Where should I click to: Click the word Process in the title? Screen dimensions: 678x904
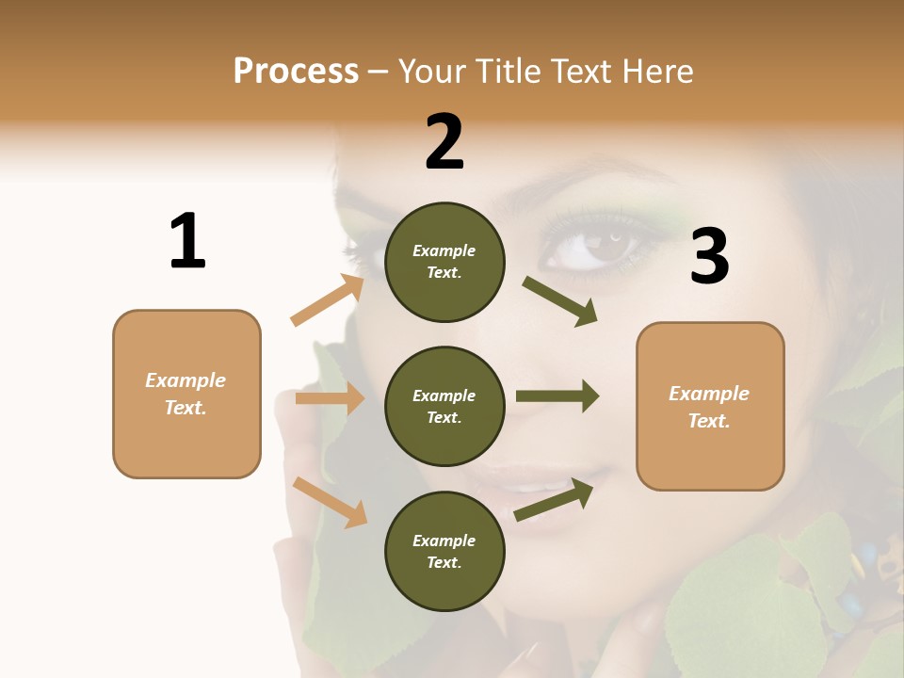tap(296, 71)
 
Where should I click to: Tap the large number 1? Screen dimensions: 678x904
tap(187, 241)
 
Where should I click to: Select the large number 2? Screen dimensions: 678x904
tap(444, 142)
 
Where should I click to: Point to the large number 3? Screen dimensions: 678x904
tap(709, 257)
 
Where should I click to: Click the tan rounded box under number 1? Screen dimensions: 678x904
tap(186, 394)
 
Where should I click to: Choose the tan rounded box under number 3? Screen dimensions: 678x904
tap(710, 406)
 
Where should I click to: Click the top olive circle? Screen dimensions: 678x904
tap(444, 262)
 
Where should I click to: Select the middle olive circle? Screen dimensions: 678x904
tap(444, 406)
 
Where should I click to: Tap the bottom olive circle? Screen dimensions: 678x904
tap(444, 551)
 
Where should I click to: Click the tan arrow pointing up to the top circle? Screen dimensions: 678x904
tap(327, 300)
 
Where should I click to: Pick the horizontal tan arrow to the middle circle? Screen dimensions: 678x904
tap(330, 398)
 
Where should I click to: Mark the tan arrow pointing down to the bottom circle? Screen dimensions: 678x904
tap(330, 501)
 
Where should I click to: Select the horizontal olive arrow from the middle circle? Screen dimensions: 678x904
tap(557, 395)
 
